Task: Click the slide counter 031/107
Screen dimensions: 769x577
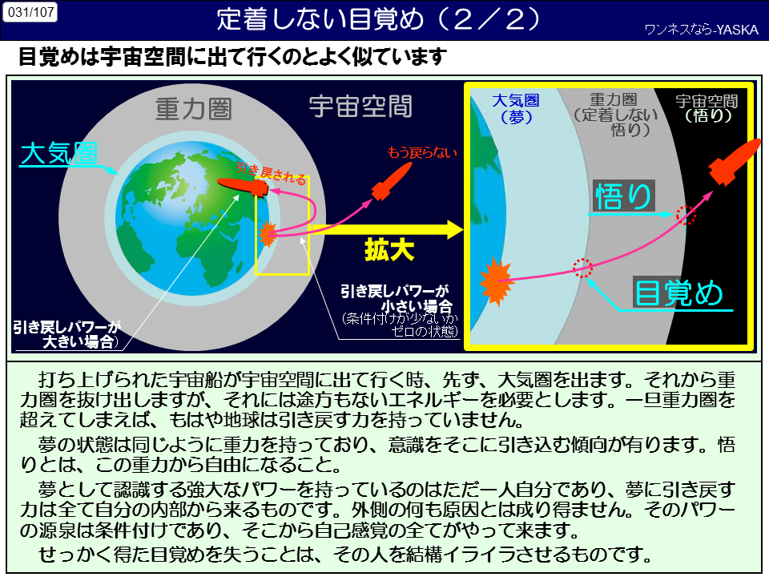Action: click(x=30, y=12)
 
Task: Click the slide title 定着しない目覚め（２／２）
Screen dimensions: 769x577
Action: click(x=379, y=19)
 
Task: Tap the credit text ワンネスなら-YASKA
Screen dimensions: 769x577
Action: click(x=702, y=30)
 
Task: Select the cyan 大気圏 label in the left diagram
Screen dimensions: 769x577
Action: click(x=58, y=154)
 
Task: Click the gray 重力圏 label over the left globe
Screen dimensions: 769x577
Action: click(x=193, y=108)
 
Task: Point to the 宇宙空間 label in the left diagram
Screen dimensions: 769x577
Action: click(x=360, y=107)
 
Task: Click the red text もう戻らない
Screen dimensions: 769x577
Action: click(x=422, y=152)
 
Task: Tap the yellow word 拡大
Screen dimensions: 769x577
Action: click(x=389, y=250)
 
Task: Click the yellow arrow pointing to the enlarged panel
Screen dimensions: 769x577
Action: click(x=386, y=229)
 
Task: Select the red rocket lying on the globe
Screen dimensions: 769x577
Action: click(x=242, y=187)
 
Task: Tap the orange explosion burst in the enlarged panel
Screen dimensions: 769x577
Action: click(x=496, y=281)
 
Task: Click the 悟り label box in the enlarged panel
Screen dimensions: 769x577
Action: click(x=623, y=196)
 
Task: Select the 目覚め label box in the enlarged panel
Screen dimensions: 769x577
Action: click(x=678, y=293)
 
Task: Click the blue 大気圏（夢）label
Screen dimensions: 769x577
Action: click(x=516, y=108)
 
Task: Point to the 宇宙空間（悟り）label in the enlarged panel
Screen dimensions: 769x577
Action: click(x=707, y=108)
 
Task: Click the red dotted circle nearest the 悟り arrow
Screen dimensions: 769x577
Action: click(x=686, y=215)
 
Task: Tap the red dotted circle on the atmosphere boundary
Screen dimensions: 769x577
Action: click(x=582, y=268)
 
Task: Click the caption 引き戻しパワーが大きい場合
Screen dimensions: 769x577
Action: click(x=67, y=335)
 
